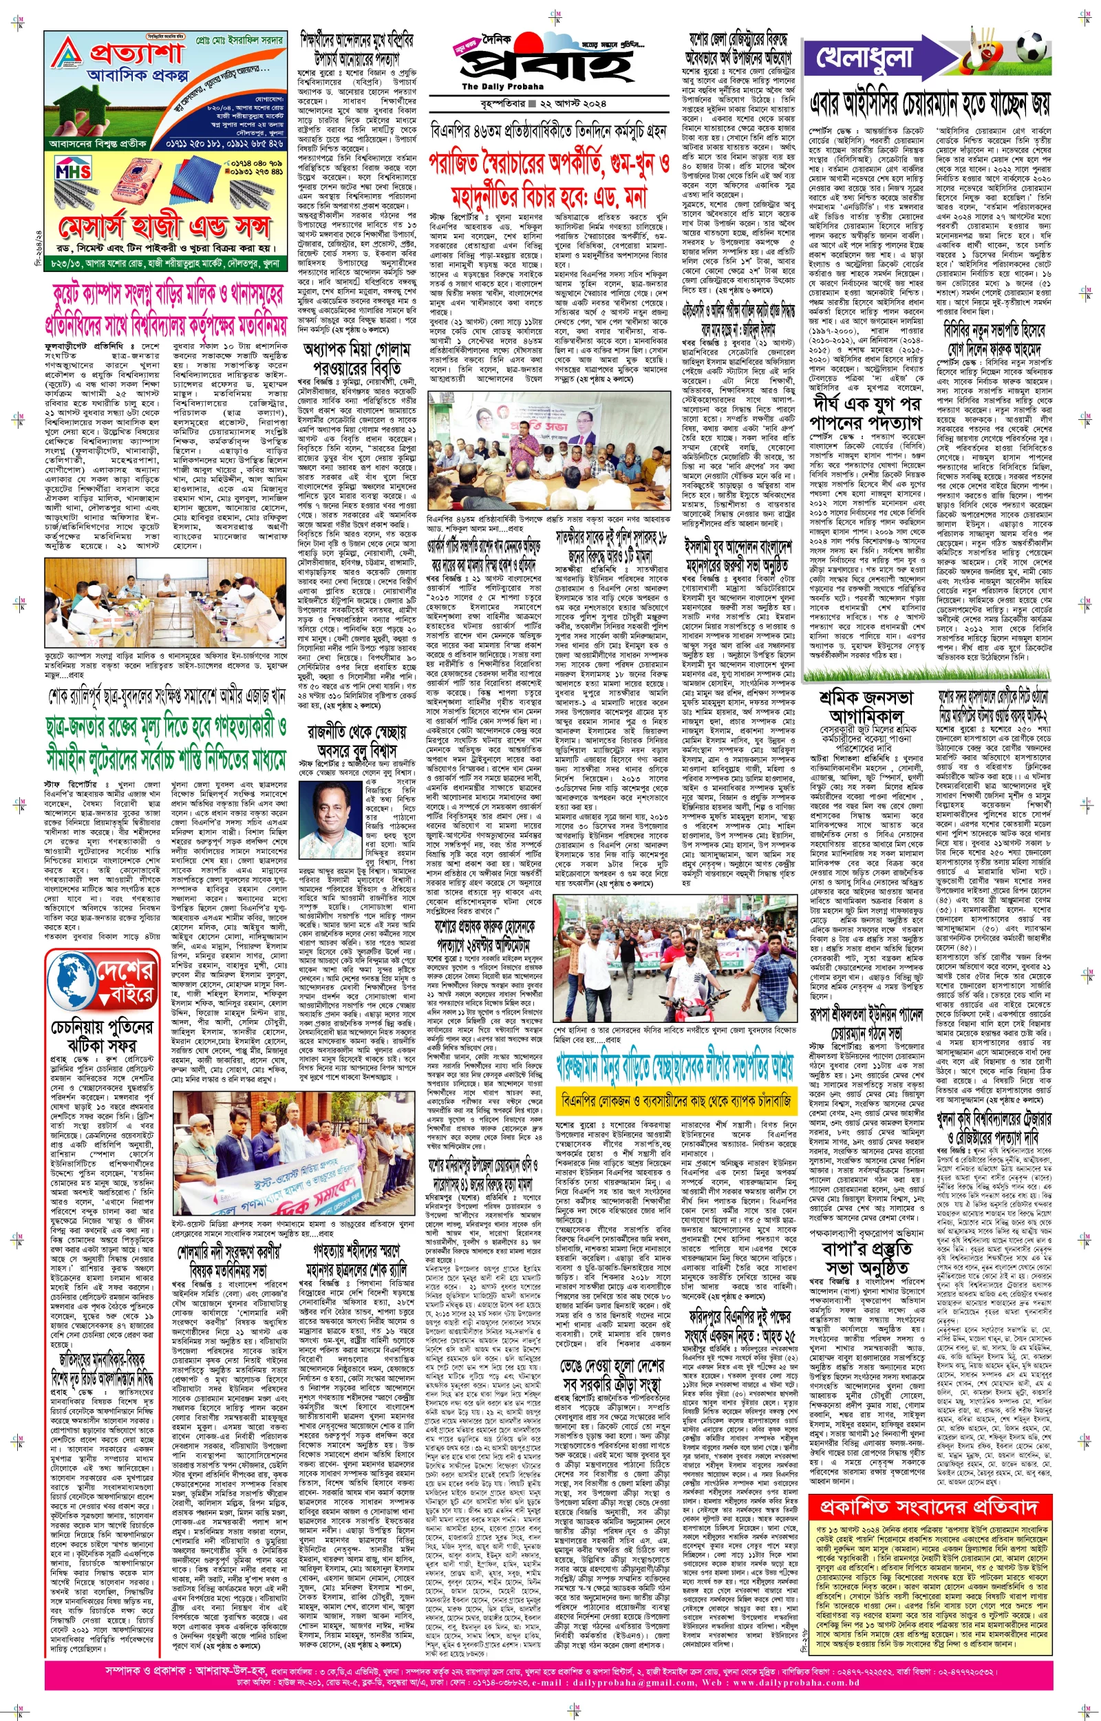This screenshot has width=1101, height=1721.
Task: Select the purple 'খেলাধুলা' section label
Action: pyautogui.click(x=865, y=58)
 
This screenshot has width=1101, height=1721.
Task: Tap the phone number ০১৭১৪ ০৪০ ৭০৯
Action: pyautogui.click(x=257, y=164)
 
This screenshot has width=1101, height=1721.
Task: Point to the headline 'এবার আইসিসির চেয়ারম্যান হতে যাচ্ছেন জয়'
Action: pyautogui.click(x=930, y=106)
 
